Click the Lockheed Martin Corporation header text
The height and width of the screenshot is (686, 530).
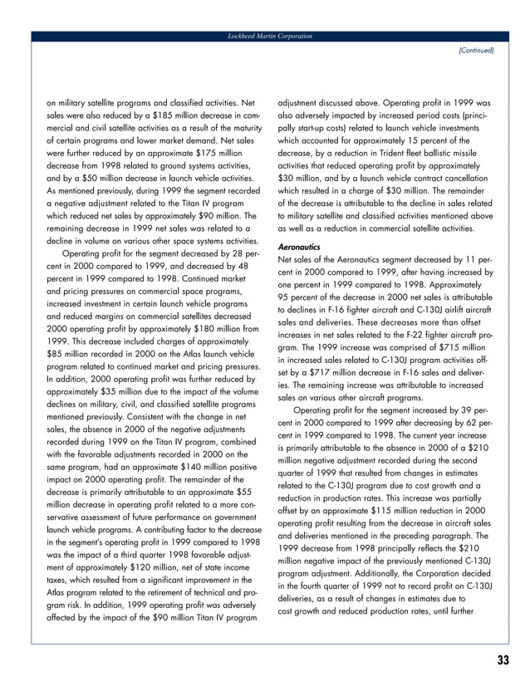click(265, 37)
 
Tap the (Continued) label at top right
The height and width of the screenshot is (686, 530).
click(475, 51)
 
